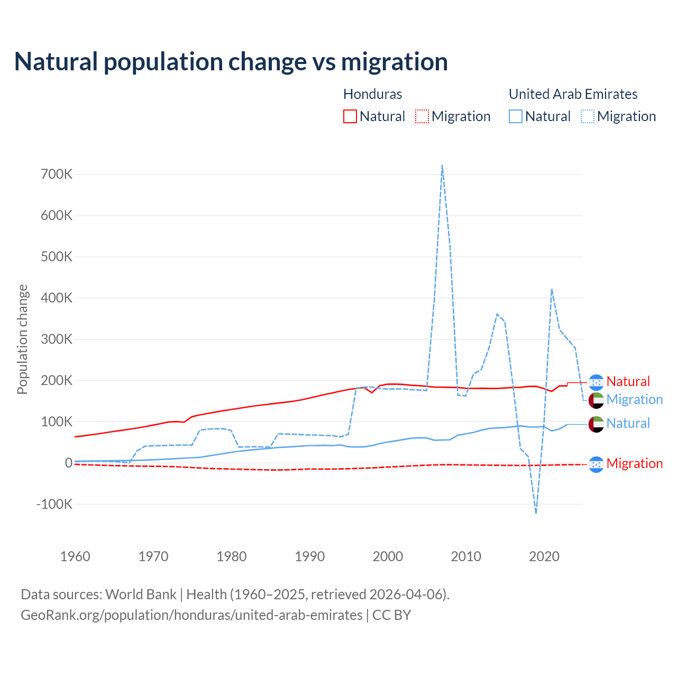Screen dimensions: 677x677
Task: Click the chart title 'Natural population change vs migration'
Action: coord(231,62)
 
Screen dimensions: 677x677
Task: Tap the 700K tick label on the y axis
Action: coord(57,174)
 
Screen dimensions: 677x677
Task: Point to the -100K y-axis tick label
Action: coord(54,504)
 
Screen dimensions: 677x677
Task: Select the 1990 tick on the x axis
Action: coord(310,556)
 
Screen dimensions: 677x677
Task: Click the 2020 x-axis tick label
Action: coord(544,556)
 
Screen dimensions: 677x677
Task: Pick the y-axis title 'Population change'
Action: coord(22,339)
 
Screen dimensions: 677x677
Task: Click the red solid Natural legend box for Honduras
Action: coord(350,116)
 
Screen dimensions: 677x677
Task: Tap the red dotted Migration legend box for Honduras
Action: coord(422,116)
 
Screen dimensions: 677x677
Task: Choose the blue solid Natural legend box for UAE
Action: coord(516,116)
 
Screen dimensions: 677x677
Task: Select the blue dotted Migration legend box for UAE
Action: coord(588,116)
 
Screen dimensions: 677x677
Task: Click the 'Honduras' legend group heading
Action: coord(372,94)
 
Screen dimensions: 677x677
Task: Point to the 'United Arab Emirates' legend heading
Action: coord(573,94)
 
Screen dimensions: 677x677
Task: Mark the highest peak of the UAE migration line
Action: coord(442,166)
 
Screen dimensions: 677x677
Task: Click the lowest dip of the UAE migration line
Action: coord(536,513)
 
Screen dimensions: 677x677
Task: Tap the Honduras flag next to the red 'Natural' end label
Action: coord(596,382)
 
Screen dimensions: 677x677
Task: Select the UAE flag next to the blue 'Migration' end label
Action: coord(596,400)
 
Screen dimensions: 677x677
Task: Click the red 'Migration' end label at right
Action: coord(634,464)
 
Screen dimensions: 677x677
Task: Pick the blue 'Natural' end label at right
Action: coord(628,424)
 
